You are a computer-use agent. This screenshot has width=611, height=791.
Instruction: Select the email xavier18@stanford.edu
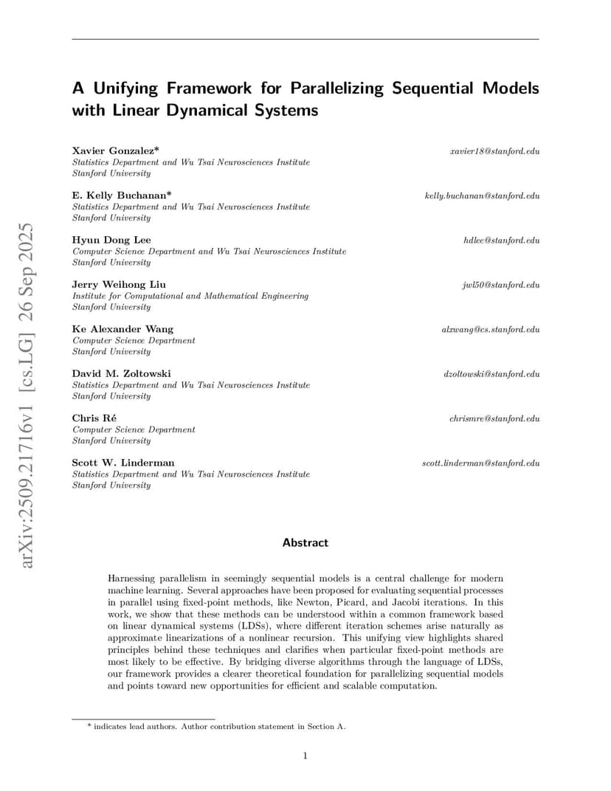coord(494,151)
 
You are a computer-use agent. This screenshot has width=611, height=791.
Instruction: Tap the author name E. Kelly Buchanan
coord(122,196)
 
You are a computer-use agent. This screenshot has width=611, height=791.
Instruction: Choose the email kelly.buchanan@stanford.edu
coord(482,196)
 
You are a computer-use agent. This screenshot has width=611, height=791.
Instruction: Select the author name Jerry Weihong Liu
coord(119,284)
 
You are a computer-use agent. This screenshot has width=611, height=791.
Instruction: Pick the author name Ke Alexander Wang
coord(122,329)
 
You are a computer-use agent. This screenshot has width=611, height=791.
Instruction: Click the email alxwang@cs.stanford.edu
coord(490,329)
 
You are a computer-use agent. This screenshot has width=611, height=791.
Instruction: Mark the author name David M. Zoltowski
coord(121,373)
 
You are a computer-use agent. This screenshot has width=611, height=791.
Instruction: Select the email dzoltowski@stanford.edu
coord(491,374)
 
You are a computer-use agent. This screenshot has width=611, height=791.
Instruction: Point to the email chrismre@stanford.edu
coord(494,418)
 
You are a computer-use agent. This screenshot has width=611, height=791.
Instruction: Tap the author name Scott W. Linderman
coord(123,463)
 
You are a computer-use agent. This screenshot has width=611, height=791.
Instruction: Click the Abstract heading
coord(305,542)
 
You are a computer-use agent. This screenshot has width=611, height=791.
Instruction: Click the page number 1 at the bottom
coord(305,754)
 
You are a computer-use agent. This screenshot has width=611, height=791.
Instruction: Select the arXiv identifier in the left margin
coord(27,395)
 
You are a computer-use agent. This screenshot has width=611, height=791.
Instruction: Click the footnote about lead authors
coord(216,726)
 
